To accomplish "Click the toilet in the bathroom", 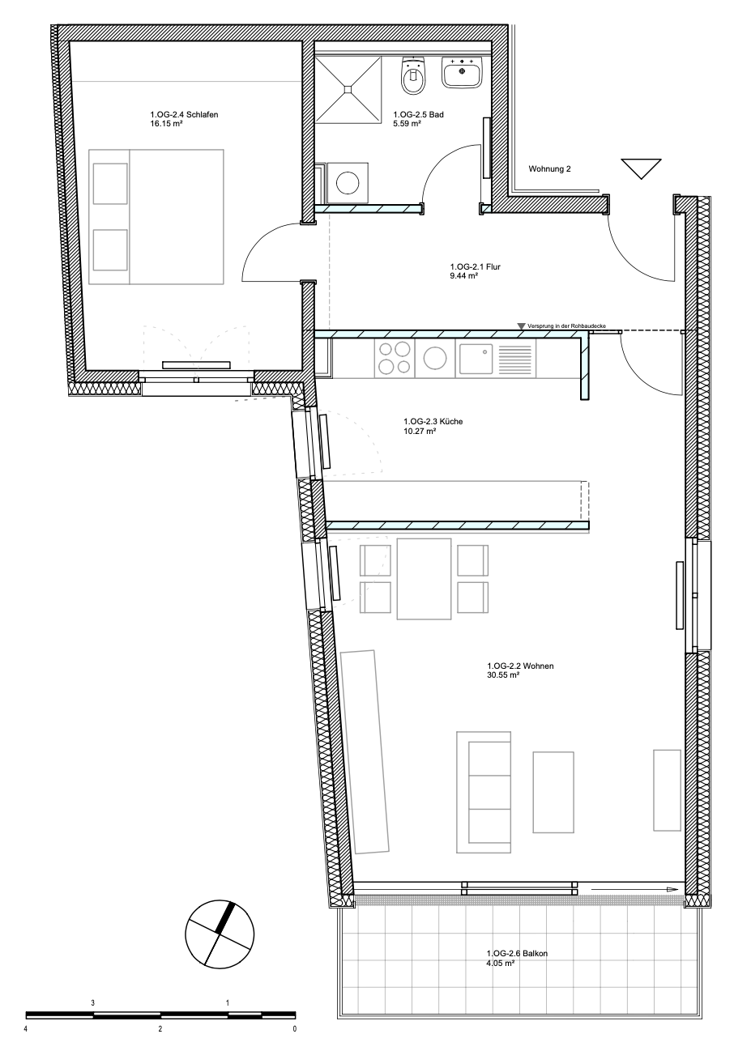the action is [413, 75].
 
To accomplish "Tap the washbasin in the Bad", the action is [463, 73].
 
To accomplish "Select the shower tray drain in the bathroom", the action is [348, 89].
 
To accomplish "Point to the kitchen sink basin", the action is [476, 360].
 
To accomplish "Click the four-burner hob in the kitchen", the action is [395, 358].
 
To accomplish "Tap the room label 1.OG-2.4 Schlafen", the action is [184, 114].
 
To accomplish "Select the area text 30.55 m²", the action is [503, 675].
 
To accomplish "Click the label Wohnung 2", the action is [549, 169].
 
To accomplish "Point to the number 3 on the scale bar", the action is [93, 1003].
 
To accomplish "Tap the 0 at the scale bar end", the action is [295, 1029].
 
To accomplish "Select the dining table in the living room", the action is [425, 579].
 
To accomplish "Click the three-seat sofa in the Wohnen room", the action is [484, 793].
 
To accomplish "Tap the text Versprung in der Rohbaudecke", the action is [566, 326].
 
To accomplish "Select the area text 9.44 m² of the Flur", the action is [463, 276].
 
